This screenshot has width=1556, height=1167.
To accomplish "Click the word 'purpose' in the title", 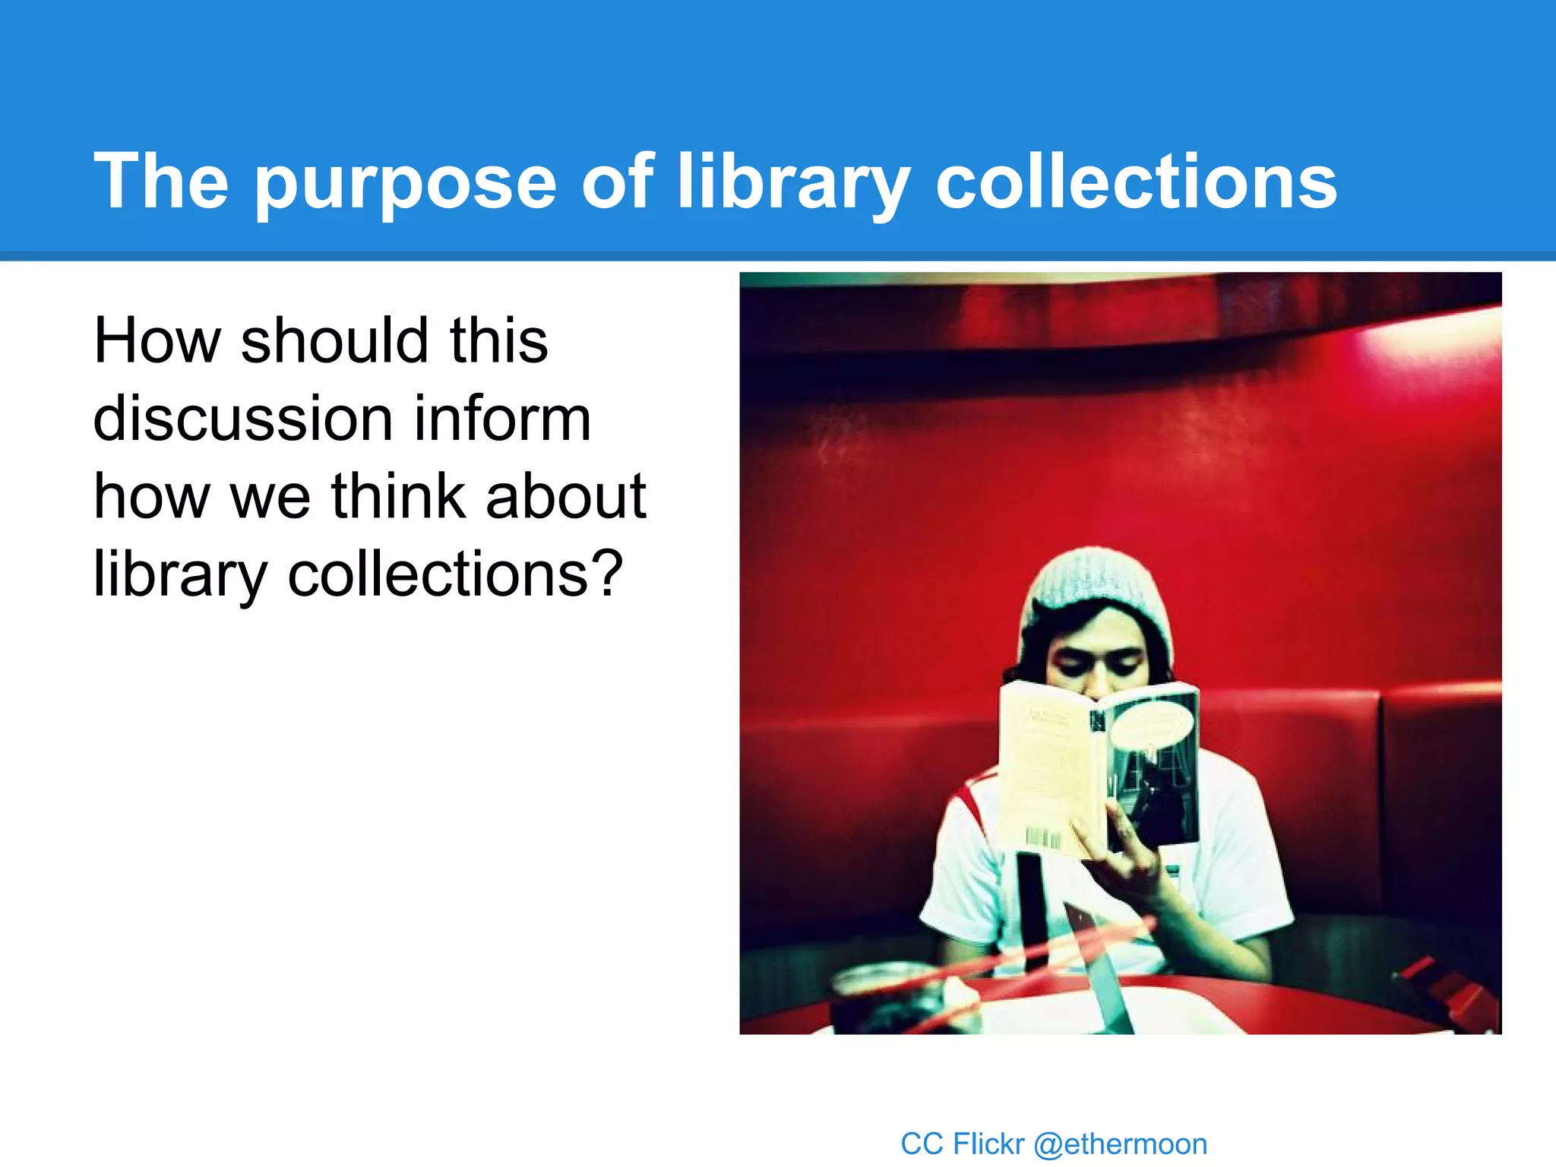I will [406, 182].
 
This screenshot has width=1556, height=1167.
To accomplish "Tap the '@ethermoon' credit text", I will [1121, 1144].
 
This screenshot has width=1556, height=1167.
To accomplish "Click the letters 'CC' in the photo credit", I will [922, 1144].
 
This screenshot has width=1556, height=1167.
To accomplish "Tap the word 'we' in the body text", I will [270, 498].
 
